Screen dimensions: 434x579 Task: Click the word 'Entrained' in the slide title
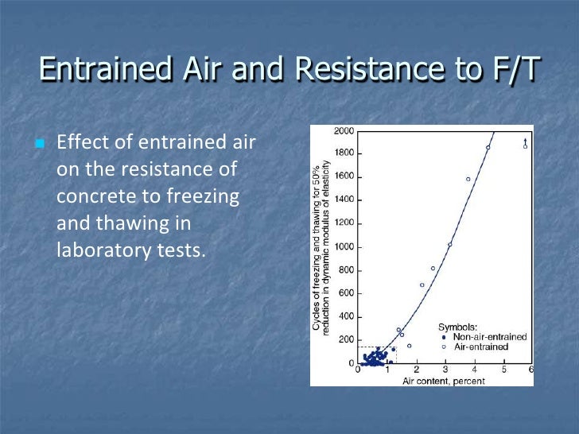pyautogui.click(x=98, y=69)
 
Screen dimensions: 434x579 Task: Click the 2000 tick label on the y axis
pyautogui.click(x=344, y=130)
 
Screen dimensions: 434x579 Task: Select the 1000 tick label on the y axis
pyautogui.click(x=344, y=247)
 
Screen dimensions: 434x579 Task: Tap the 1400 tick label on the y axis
pyautogui.click(x=344, y=200)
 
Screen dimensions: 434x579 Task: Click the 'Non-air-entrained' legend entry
pyautogui.click(x=489, y=337)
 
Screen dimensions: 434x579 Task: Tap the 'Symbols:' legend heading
pyautogui.click(x=458, y=327)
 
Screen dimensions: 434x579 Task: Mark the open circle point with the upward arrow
pyautogui.click(x=525, y=146)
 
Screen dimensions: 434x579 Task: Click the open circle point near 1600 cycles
pyautogui.click(x=468, y=179)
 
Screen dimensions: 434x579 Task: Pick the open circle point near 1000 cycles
pyautogui.click(x=450, y=245)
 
